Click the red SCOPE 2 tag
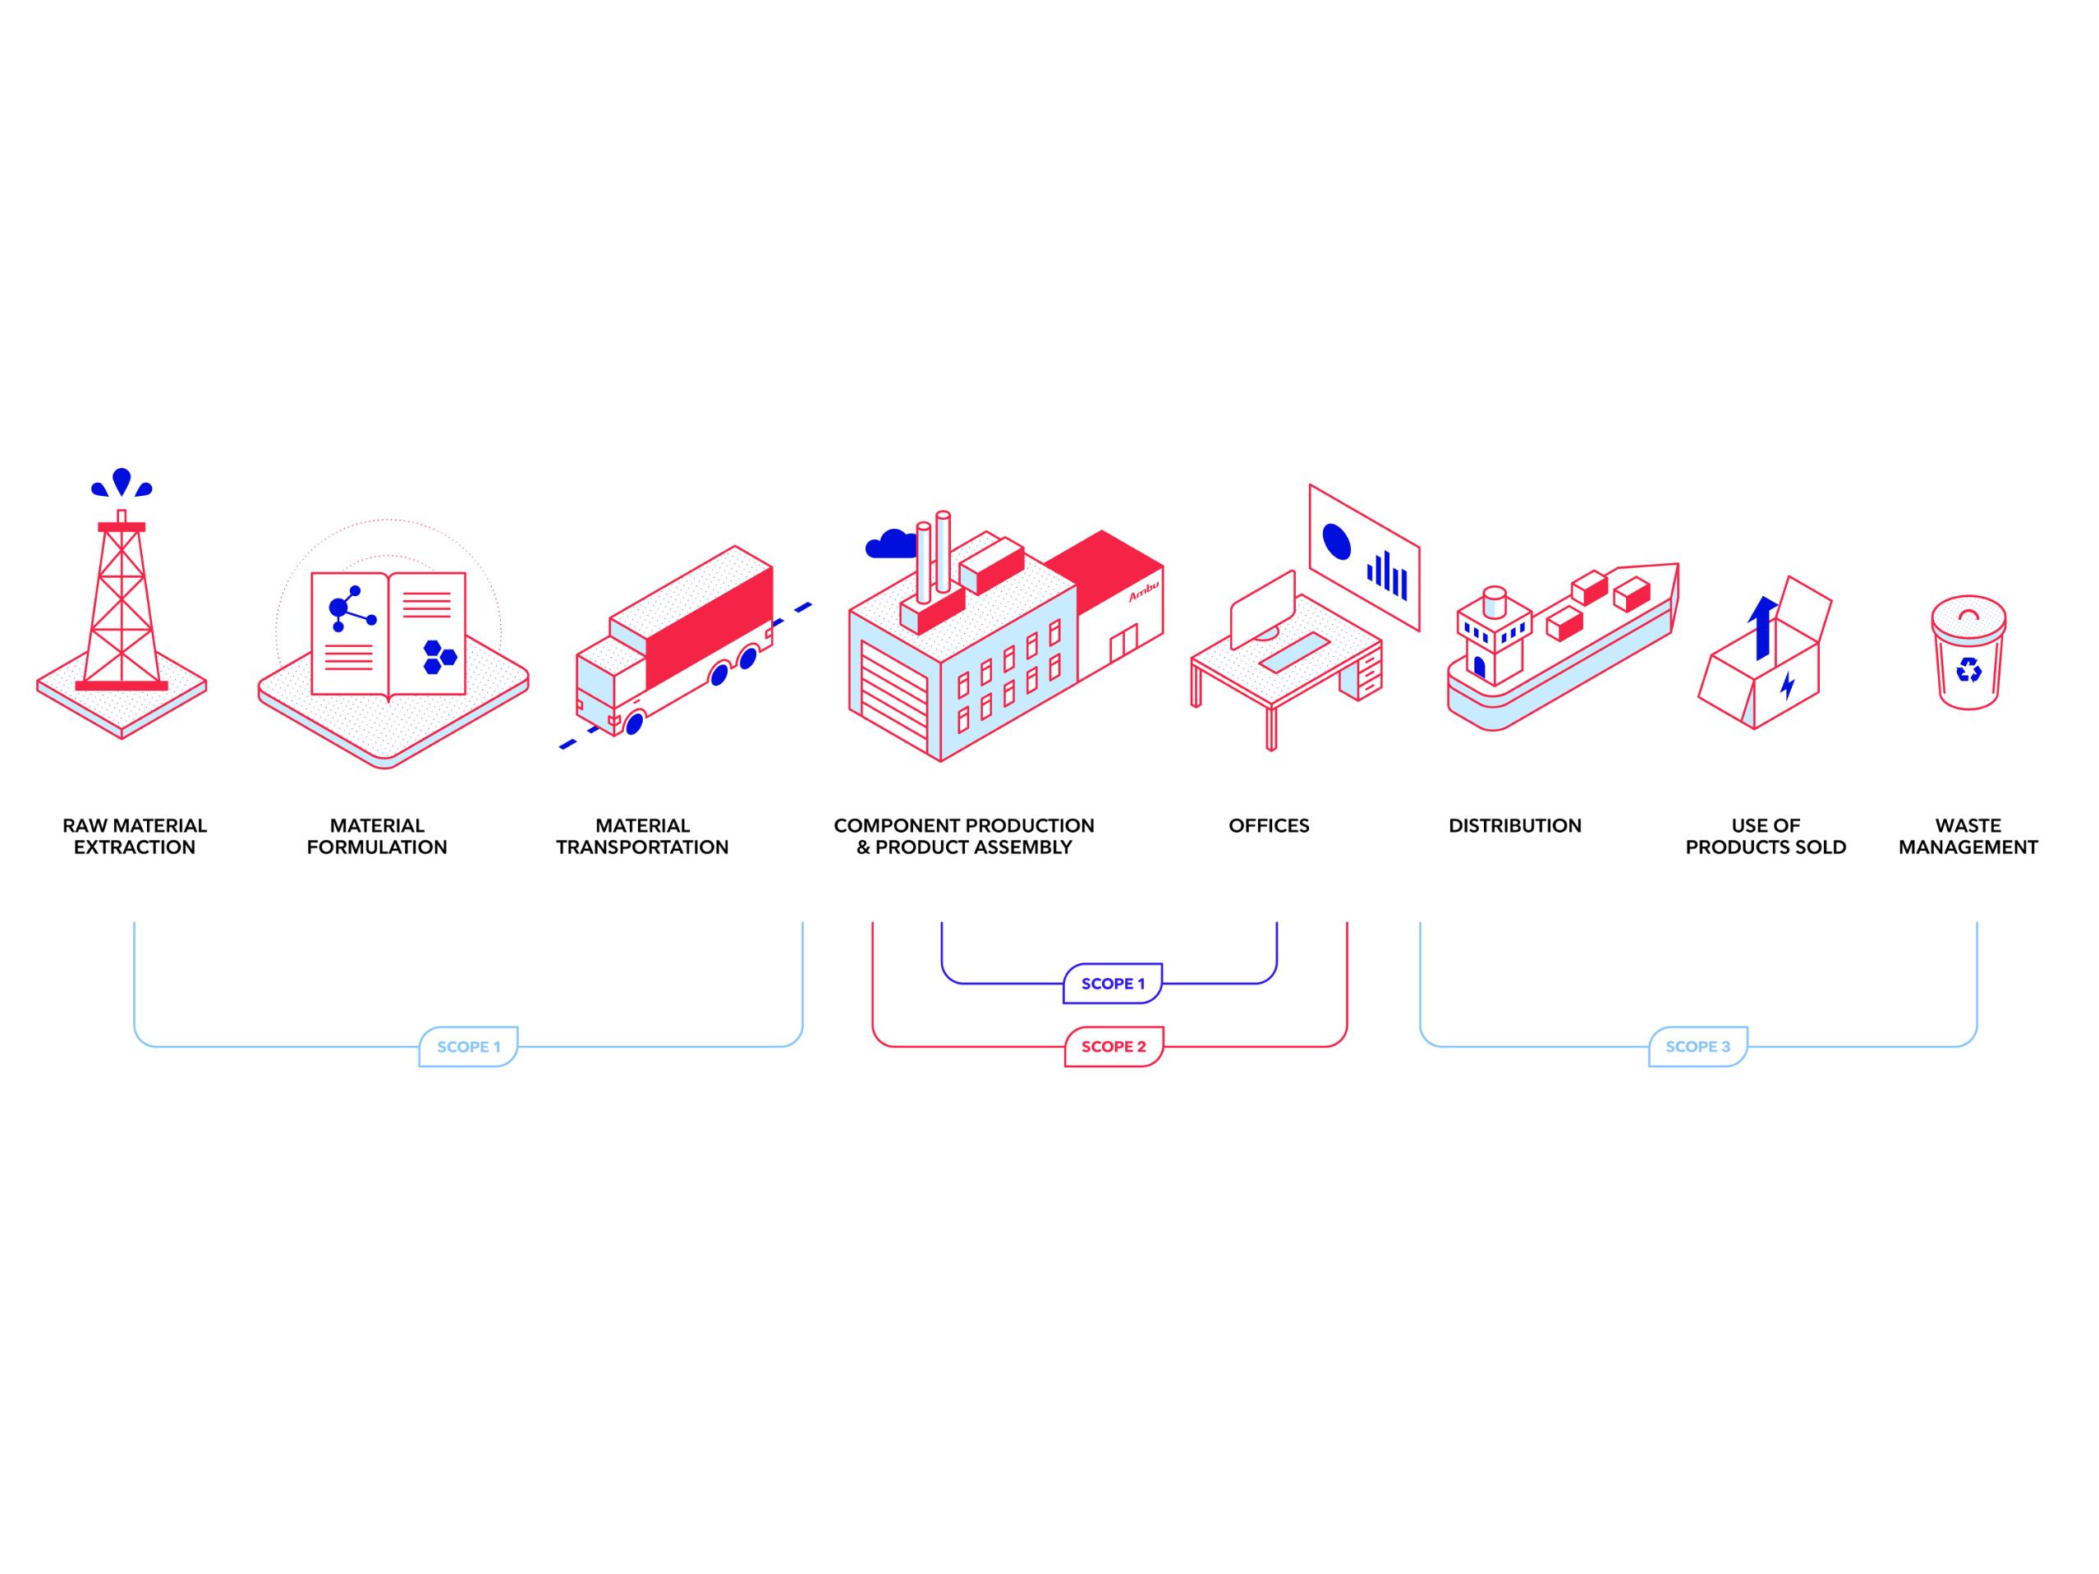pyautogui.click(x=1113, y=1047)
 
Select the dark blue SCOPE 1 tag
pyautogui.click(x=1112, y=984)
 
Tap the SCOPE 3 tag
pyautogui.click(x=1697, y=1047)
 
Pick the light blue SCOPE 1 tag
pyautogui.click(x=469, y=1047)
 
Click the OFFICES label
pyautogui.click(x=1268, y=825)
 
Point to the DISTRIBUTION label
pyautogui.click(x=1514, y=825)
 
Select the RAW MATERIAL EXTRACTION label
pyautogui.click(x=135, y=836)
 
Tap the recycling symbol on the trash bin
pyautogui.click(x=1969, y=670)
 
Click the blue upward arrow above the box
pyautogui.click(x=1762, y=626)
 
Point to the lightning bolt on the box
pyautogui.click(x=1788, y=685)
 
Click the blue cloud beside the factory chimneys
pyautogui.click(x=889, y=544)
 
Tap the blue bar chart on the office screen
pyautogui.click(x=1386, y=575)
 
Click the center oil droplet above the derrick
pyautogui.click(x=122, y=480)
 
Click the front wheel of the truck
pyautogui.click(x=634, y=723)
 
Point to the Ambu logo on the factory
pyautogui.click(x=1143, y=591)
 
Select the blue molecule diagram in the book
pyautogui.click(x=349, y=608)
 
